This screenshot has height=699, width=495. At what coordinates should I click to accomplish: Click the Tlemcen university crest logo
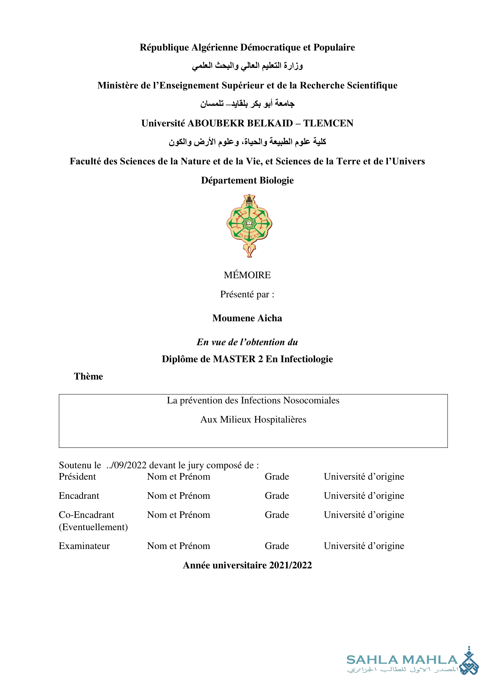tap(249, 226)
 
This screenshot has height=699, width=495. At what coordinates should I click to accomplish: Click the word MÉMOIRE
tap(247, 275)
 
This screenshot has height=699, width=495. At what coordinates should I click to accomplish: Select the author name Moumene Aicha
tap(247, 318)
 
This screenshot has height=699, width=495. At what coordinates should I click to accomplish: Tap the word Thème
tap(88, 377)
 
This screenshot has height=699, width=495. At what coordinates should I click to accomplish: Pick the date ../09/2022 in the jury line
tap(127, 465)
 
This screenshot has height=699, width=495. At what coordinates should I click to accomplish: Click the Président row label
tap(77, 476)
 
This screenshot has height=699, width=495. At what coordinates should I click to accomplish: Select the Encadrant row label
tap(79, 495)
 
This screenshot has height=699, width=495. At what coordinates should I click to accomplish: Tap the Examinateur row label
tap(84, 546)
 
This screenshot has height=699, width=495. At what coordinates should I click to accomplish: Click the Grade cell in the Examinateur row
tap(277, 546)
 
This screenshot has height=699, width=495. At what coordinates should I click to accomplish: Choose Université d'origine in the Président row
tap(364, 476)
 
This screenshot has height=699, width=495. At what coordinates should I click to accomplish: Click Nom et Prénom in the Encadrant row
tap(179, 495)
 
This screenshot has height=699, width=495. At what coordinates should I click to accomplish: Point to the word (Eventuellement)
tap(93, 527)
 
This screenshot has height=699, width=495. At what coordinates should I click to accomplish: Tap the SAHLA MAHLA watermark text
tap(402, 660)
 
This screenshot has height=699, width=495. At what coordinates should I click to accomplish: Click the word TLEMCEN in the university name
tap(328, 123)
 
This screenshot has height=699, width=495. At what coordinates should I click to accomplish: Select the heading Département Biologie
tap(247, 181)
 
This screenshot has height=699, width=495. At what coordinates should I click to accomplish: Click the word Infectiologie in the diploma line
tap(307, 359)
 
